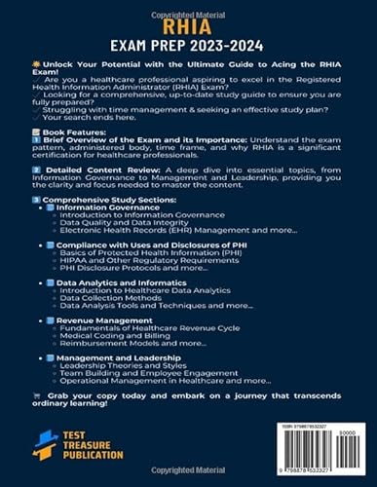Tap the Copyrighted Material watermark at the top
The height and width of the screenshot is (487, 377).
point(188,7)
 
